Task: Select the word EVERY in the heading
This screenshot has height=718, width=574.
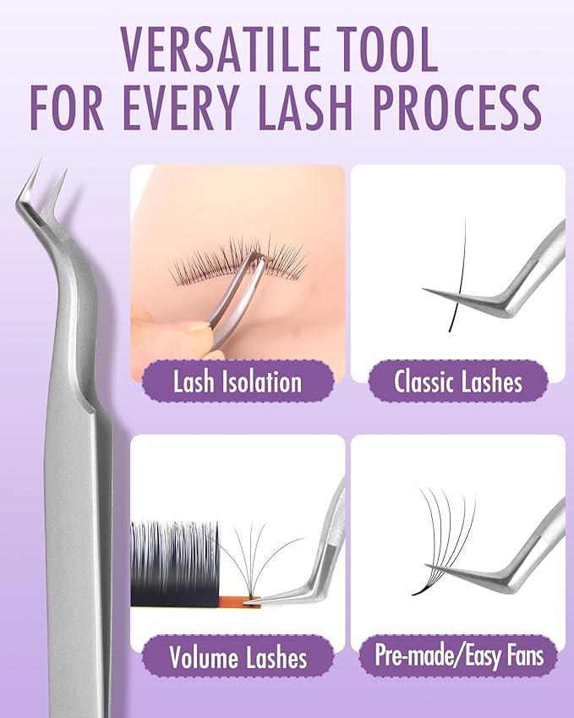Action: pyautogui.click(x=180, y=108)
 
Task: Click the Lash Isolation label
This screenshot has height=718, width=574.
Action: pyautogui.click(x=238, y=381)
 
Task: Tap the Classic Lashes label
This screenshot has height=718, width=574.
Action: pyautogui.click(x=458, y=381)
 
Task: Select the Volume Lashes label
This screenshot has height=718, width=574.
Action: pyautogui.click(x=238, y=657)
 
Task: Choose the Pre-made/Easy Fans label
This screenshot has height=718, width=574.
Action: pyautogui.click(x=459, y=655)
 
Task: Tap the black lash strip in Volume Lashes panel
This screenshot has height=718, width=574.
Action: pyautogui.click(x=175, y=563)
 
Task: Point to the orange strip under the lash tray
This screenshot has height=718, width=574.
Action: pyautogui.click(x=239, y=601)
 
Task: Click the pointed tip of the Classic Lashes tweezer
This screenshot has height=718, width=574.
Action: pyautogui.click(x=424, y=289)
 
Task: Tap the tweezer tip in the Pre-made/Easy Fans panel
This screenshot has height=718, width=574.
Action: pyautogui.click(x=429, y=566)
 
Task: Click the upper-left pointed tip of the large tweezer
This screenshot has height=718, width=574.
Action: pyautogui.click(x=41, y=159)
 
